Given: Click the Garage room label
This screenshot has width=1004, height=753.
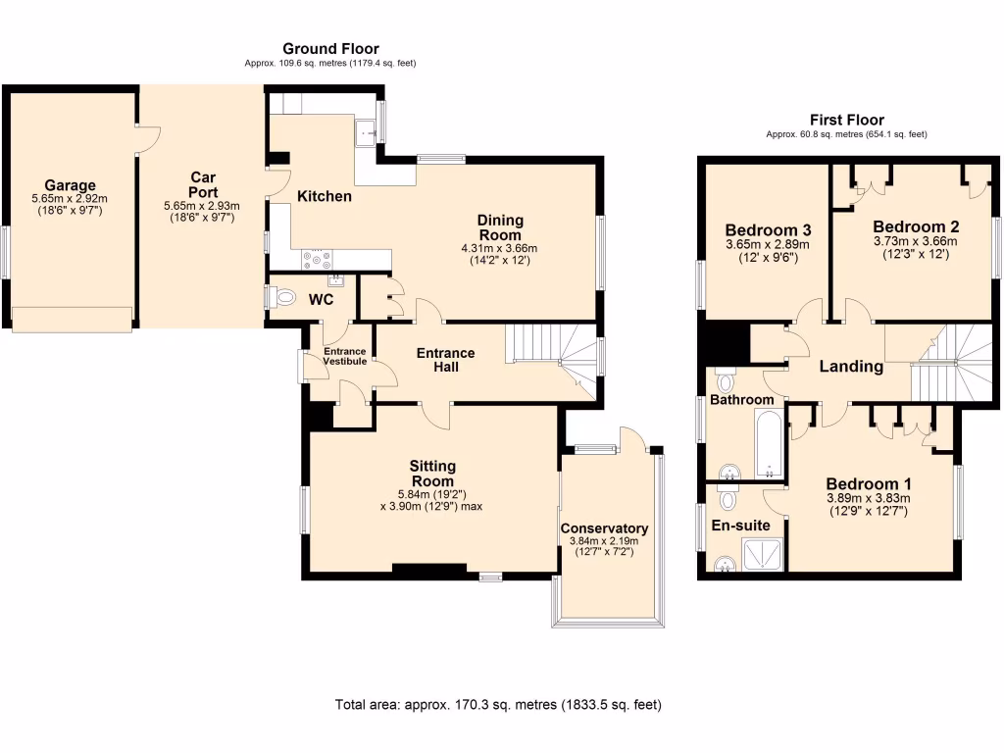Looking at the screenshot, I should pyautogui.click(x=71, y=184).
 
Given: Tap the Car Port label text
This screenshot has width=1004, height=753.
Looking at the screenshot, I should pyautogui.click(x=202, y=184).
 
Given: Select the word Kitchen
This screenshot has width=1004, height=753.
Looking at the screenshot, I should pyautogui.click(x=325, y=196).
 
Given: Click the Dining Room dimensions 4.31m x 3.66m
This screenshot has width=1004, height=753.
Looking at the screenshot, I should pyautogui.click(x=500, y=248).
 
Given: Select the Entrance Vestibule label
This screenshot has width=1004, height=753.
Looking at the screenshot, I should pyautogui.click(x=345, y=356).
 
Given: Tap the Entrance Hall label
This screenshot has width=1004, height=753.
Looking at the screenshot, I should pyautogui.click(x=445, y=360).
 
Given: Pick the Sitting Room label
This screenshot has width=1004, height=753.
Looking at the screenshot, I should pyautogui.click(x=432, y=474).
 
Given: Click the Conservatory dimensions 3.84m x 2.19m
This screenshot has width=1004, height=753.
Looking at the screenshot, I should pyautogui.click(x=604, y=540).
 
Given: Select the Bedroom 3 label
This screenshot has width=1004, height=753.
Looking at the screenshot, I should pyautogui.click(x=761, y=230).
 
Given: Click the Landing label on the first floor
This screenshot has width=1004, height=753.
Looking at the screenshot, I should pyautogui.click(x=851, y=367).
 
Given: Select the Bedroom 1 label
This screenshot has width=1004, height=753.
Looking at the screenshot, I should pyautogui.click(x=869, y=483).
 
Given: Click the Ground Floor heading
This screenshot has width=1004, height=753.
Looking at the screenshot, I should pyautogui.click(x=330, y=48).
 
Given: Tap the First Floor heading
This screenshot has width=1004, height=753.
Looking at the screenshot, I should pyautogui.click(x=846, y=120).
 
